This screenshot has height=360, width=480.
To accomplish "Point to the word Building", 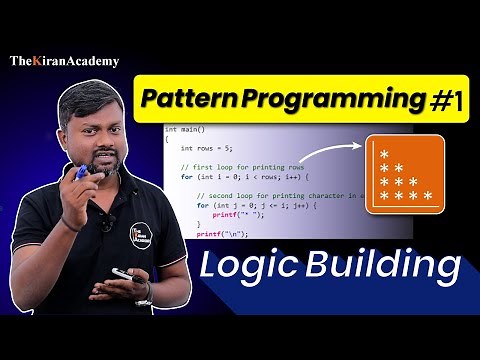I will pyautogui.click(x=390, y=268).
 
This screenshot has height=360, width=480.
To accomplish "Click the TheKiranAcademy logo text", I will pyautogui.click(x=65, y=61).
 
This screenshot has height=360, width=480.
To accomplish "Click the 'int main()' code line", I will pyautogui.click(x=184, y=130).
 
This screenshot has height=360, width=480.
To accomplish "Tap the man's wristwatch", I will pyautogui.click(x=143, y=291).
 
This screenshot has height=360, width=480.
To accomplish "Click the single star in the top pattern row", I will pyautogui.click(x=383, y=152).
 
